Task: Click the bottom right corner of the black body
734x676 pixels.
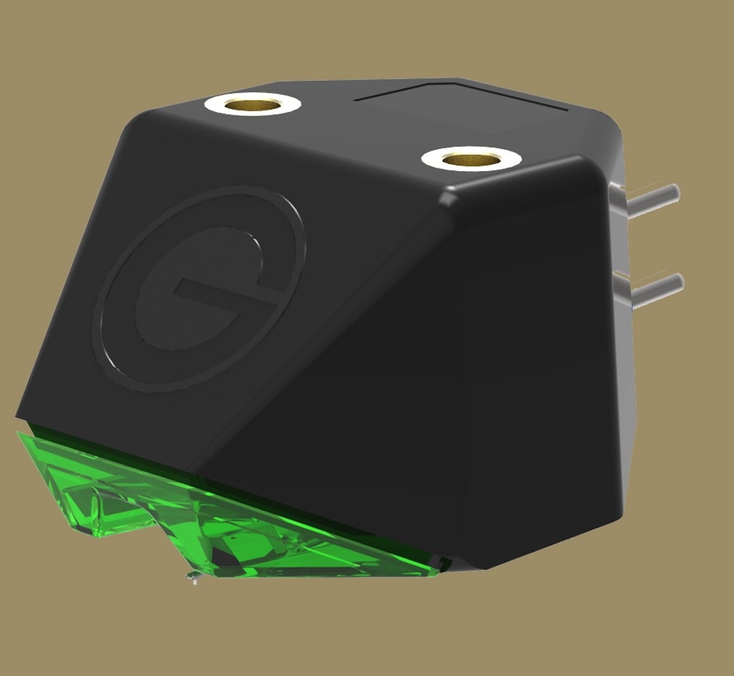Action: [621, 517]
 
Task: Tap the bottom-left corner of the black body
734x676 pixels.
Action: [17, 415]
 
